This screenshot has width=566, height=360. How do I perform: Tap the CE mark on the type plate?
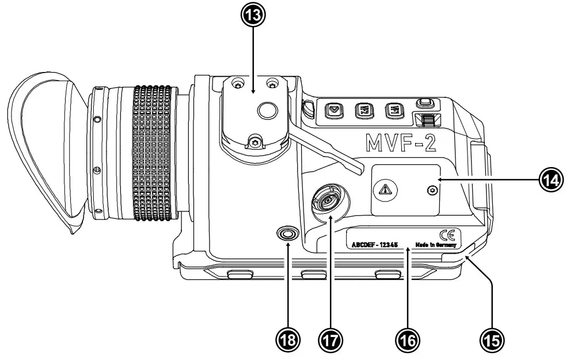click(447, 234)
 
